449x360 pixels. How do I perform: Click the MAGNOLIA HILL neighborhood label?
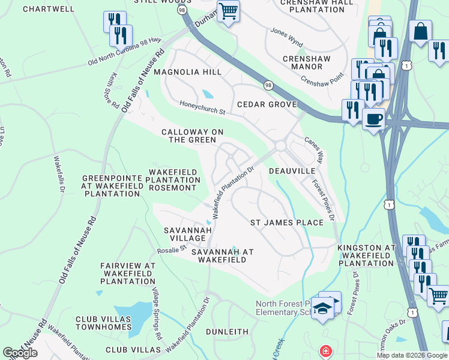187,72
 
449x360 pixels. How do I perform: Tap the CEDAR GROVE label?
267,104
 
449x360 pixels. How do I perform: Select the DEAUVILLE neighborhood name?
292,171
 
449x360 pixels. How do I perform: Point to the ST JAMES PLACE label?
286,223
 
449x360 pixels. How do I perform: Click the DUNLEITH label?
227,331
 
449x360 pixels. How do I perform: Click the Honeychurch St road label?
203,108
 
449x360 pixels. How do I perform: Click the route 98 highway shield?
268,86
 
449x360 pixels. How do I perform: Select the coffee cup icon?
373,119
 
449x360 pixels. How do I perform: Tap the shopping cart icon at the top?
228,11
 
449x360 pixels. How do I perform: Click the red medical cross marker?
325,350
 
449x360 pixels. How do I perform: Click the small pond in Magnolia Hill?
207,94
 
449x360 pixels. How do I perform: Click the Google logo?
20,353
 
